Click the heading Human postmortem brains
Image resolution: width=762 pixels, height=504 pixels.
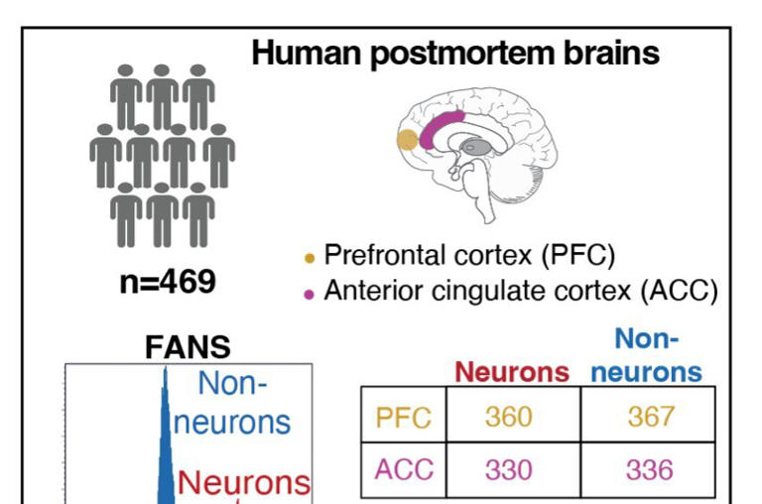tap(455, 54)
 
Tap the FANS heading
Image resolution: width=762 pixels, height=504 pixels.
tap(189, 347)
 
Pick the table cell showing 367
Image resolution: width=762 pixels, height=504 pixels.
tap(649, 417)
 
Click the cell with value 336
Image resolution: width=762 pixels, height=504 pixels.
tap(649, 468)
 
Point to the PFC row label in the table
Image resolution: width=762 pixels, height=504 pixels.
tap(403, 418)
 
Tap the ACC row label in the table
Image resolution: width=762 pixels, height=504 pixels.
tap(403, 469)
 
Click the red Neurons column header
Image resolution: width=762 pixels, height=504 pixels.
tap(512, 372)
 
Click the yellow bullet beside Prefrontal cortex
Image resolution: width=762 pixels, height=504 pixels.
tap(309, 259)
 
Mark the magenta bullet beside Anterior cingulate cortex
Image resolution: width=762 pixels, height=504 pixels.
tap(309, 294)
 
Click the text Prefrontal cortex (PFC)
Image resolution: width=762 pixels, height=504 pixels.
tap(470, 256)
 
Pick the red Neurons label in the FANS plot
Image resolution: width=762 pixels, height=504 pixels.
tap(244, 483)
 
